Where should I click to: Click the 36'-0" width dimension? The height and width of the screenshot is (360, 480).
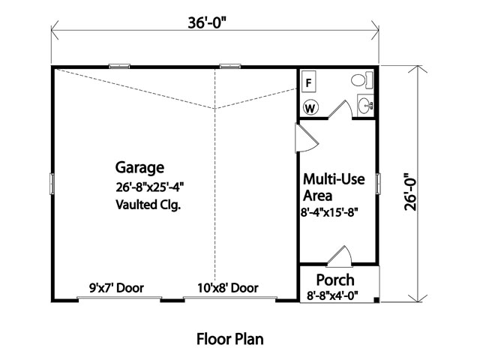207,22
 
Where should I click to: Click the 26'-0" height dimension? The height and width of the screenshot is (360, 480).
410,192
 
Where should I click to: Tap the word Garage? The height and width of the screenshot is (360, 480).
139,168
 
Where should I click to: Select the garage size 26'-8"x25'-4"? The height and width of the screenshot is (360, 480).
149,187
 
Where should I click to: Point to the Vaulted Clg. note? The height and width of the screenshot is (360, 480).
148,205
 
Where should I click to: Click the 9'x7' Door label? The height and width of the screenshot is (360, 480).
116,288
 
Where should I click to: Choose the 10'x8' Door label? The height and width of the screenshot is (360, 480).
228,288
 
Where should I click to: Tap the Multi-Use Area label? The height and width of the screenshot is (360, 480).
334,187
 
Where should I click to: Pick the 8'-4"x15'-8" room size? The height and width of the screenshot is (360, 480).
329,212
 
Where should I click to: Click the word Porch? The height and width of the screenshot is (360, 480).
335,280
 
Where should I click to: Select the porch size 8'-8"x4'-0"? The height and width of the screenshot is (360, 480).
332,295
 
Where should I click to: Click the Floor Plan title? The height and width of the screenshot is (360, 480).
230,339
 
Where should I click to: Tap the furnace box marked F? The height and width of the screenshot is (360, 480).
309,82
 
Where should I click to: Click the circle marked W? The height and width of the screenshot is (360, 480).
310,108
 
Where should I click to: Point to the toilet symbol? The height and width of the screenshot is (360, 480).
361,80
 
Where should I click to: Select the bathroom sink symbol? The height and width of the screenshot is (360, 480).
365,105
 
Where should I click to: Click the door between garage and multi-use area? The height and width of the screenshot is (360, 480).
306,138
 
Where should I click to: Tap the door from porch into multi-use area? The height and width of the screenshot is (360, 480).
340,256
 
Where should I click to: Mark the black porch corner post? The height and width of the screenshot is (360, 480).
376,300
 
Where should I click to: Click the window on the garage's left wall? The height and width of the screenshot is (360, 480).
52,184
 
